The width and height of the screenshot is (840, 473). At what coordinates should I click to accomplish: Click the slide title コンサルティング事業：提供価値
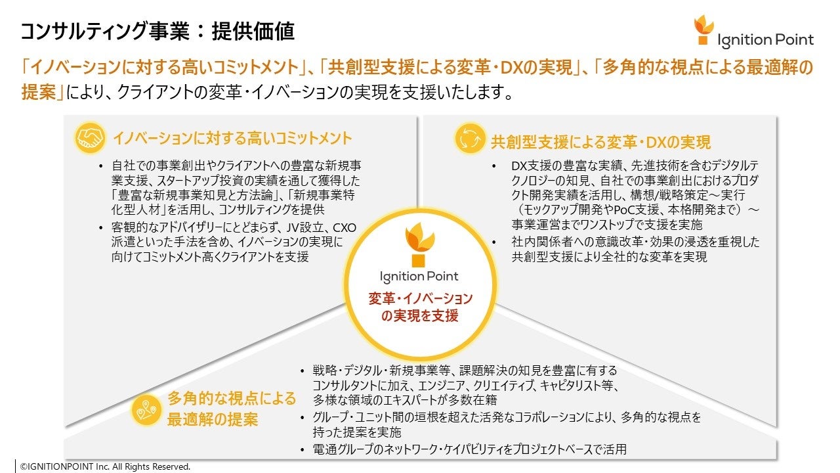click(157, 31)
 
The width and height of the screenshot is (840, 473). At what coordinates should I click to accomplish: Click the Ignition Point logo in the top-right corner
click(754, 32)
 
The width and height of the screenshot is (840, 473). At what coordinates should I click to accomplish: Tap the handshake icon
click(90, 138)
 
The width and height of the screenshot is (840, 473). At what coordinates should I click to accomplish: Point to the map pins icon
click(146, 409)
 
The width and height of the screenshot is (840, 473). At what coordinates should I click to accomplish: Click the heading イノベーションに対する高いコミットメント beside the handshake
click(232, 139)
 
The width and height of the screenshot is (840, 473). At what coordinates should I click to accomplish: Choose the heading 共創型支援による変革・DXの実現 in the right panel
click(600, 142)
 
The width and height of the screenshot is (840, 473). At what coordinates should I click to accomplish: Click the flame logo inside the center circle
click(419, 244)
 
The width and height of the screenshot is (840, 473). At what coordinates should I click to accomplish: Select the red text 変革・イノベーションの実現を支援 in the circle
click(419, 307)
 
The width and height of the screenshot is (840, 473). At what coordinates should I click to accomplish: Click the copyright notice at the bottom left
click(105, 466)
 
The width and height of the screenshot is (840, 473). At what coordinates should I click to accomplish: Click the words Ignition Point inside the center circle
click(419, 276)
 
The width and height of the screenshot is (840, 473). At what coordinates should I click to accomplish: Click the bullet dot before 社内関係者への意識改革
click(493, 242)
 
